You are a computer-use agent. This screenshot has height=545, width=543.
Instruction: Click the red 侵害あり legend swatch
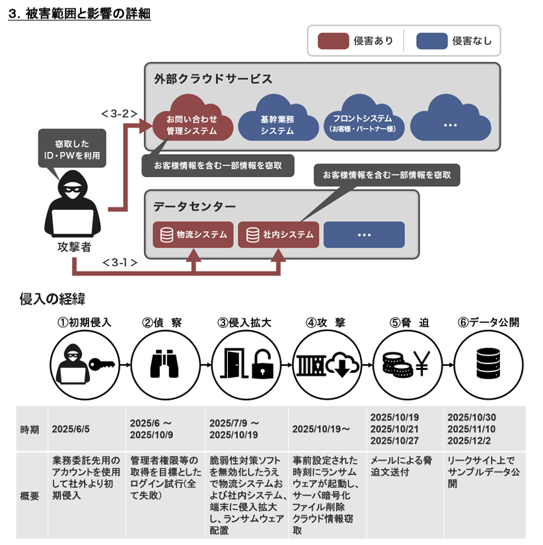tap(333, 41)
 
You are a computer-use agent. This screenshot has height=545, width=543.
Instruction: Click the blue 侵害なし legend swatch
tap(432, 41)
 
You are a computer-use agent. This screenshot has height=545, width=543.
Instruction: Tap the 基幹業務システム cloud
tap(277, 122)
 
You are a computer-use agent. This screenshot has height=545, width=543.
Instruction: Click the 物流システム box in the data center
tap(193, 235)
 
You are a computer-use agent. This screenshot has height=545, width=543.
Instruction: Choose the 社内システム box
tap(278, 235)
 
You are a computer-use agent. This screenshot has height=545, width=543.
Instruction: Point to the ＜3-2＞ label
tap(119, 113)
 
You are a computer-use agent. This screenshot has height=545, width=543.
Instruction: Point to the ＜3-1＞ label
tap(120, 262)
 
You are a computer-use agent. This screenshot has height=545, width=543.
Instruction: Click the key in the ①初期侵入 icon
tap(103, 363)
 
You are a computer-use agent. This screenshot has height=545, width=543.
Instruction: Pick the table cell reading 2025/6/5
tap(71, 429)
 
